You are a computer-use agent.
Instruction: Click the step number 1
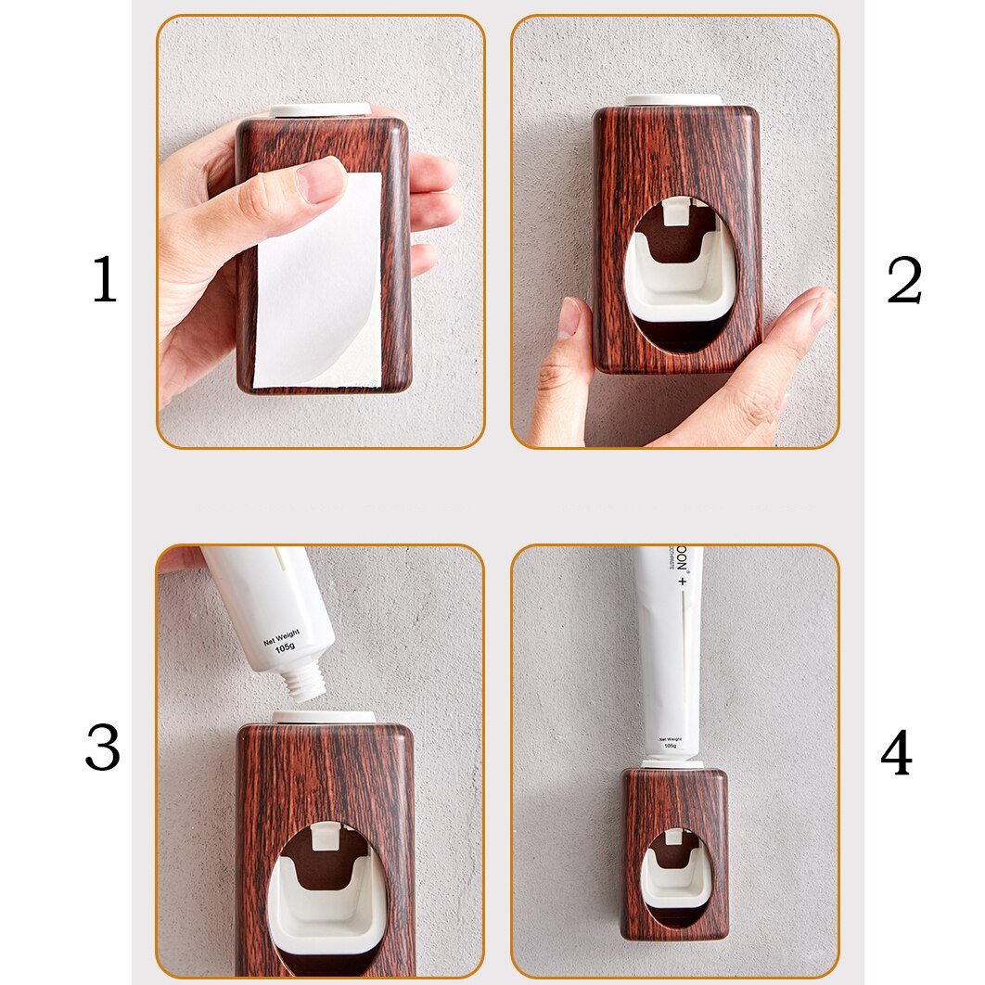tap(104, 279)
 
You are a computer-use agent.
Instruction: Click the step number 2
tap(903, 279)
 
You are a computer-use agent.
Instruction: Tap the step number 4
tap(896, 754)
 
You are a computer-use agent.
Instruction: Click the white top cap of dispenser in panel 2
tap(673, 100)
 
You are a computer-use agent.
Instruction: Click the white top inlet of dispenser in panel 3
tap(324, 717)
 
